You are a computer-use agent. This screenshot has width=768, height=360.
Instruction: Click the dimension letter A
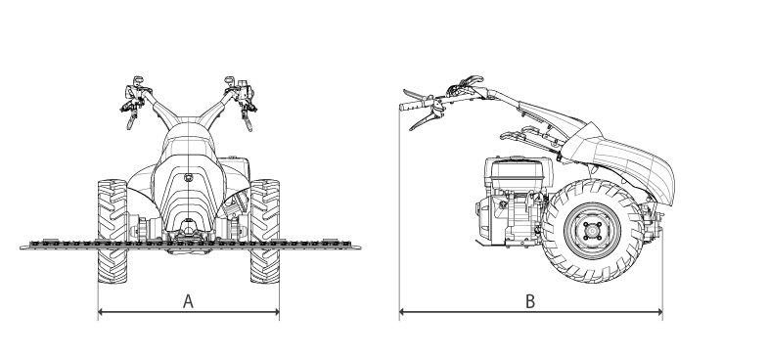[188, 301]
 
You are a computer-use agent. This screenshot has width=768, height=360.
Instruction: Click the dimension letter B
[530, 301]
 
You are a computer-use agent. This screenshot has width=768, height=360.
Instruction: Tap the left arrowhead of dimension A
[101, 311]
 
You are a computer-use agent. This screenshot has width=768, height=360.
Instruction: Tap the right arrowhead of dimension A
[277, 311]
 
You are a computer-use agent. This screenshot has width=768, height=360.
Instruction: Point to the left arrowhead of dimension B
[402, 311]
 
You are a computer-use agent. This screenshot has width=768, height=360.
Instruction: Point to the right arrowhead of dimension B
[659, 311]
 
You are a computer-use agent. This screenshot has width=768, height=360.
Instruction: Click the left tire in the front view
[113, 231]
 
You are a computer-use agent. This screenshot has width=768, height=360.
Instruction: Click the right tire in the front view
[265, 231]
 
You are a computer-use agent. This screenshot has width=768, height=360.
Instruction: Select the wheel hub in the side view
[592, 231]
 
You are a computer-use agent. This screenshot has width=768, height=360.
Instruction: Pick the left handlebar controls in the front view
[136, 101]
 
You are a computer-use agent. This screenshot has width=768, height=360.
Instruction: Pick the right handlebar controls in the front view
[241, 102]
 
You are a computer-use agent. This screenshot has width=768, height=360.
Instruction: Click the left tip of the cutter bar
[22, 247]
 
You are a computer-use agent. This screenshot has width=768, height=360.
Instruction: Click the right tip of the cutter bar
[359, 247]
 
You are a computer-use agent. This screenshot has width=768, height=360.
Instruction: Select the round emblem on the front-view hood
[188, 178]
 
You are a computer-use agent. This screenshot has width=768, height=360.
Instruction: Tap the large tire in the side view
[592, 231]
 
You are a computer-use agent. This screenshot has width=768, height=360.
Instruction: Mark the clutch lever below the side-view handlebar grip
[426, 119]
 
